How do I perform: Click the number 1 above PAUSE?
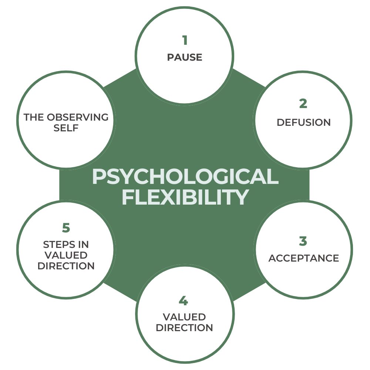click(x=185, y=40)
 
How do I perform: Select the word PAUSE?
click(x=185, y=57)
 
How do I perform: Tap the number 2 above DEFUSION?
click(x=303, y=104)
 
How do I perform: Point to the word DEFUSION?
click(x=303, y=122)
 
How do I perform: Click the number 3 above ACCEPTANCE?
click(x=303, y=241)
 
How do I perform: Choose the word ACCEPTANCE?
click(x=303, y=258)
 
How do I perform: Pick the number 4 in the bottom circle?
click(x=184, y=301)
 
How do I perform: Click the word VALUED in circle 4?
click(x=184, y=317)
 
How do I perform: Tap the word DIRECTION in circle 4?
click(x=184, y=328)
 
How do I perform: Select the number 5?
click(x=66, y=228)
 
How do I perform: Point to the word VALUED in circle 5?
click(x=66, y=255)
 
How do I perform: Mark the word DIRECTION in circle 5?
click(x=66, y=266)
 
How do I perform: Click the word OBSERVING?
click(x=77, y=117)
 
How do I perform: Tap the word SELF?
click(x=66, y=128)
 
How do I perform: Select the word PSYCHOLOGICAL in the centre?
click(x=185, y=177)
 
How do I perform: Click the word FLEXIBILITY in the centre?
click(x=185, y=198)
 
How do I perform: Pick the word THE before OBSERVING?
click(x=34, y=117)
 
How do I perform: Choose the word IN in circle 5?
click(x=84, y=245)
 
